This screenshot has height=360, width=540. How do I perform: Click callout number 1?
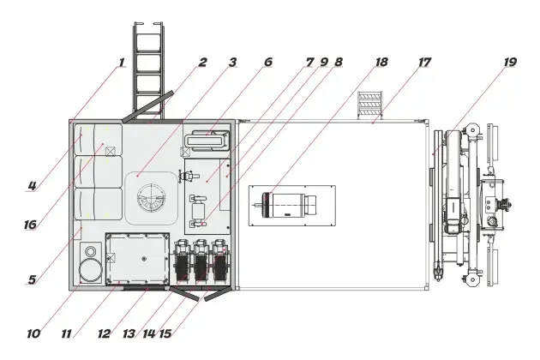tap(121, 63)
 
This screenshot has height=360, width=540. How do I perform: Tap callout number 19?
tap(510, 62)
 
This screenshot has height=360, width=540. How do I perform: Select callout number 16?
tap(30, 225)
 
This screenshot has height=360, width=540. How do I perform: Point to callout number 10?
tap(33, 333)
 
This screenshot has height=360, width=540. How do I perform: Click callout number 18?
tap(381, 62)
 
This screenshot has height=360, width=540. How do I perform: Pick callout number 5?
tap(32, 279)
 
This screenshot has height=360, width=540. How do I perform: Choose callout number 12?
tap(104, 333)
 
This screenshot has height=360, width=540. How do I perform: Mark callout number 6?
tap(268, 62)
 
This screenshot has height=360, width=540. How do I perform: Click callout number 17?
tap(424, 62)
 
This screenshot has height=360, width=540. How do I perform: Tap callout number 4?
tap(32, 186)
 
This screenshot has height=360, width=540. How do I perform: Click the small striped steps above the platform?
tap(370, 105)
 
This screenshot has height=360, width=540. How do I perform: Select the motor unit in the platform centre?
tap(290, 206)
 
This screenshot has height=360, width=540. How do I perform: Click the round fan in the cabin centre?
tap(152, 198)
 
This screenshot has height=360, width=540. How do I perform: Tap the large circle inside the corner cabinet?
tap(91, 269)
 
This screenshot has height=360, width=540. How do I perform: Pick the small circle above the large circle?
tap(91, 251)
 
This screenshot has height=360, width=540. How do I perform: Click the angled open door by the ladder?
tap(147, 106)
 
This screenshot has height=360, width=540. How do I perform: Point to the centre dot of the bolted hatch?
tap(144, 258)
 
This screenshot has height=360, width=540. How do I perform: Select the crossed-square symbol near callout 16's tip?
tap(111, 151)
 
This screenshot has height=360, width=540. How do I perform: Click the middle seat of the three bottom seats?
tap(199, 260)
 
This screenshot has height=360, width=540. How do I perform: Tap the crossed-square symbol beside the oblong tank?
tap(185, 152)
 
